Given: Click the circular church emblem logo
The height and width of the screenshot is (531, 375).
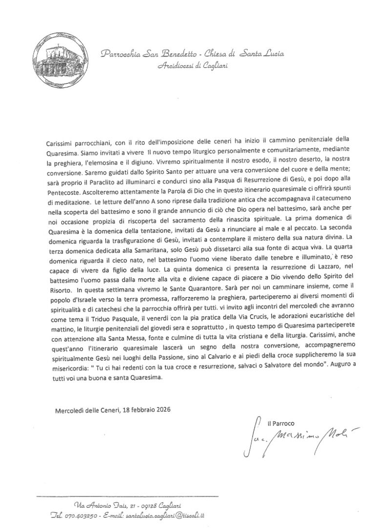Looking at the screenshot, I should coord(56,56).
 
